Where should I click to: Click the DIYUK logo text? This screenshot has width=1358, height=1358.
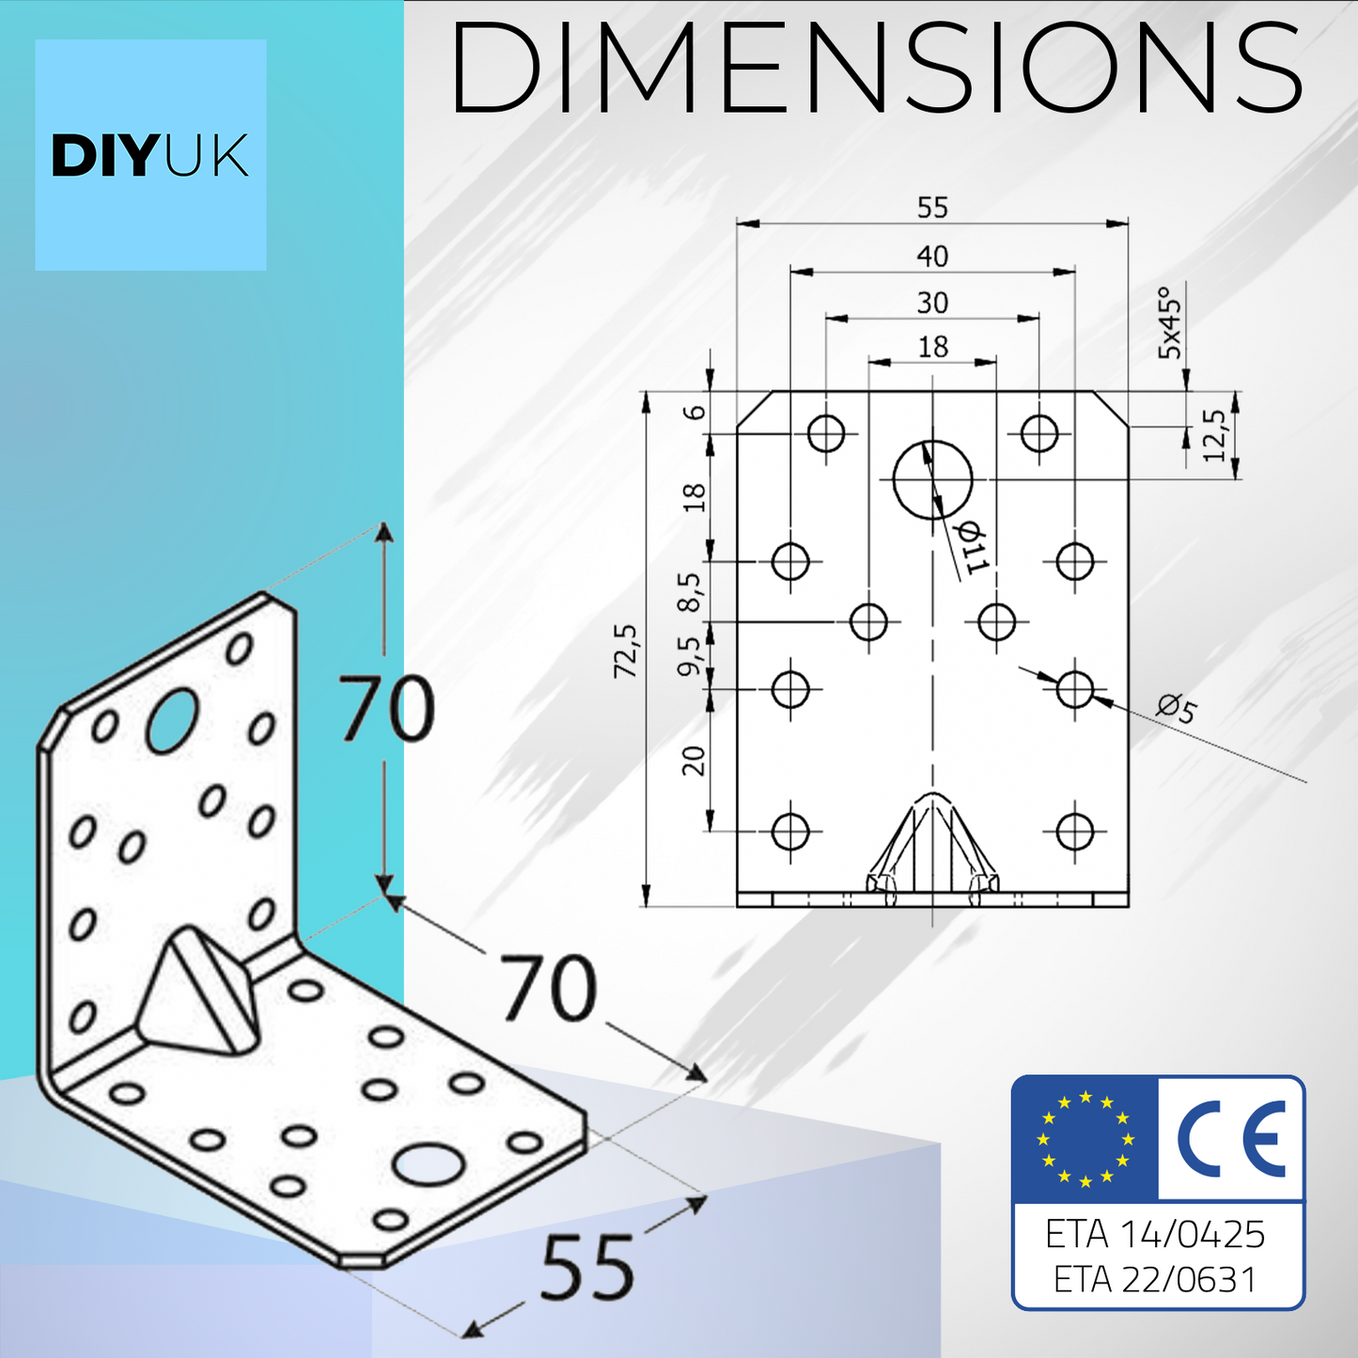point(150,156)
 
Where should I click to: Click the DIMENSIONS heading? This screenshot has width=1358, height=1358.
point(876,68)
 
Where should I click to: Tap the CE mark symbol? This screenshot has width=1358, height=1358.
point(1232,1139)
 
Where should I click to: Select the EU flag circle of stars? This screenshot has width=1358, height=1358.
point(1085,1139)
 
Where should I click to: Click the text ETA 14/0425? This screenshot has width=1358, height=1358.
point(1155,1234)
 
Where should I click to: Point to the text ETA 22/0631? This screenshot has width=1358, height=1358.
point(1155,1279)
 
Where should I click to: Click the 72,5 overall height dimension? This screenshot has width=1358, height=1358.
point(626,650)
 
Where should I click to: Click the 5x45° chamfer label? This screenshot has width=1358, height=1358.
point(1170,322)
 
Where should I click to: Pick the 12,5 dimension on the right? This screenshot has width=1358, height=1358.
point(1214,435)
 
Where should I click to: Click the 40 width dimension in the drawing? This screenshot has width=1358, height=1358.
point(932,256)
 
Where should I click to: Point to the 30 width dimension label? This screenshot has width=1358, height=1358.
point(932,303)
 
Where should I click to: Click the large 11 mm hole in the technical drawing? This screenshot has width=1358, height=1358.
point(932,479)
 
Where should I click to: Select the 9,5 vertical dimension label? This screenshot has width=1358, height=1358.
point(691,655)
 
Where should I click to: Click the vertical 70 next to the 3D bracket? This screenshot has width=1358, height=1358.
point(386,709)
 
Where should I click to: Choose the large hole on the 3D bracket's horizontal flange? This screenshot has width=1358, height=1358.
point(429,1164)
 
